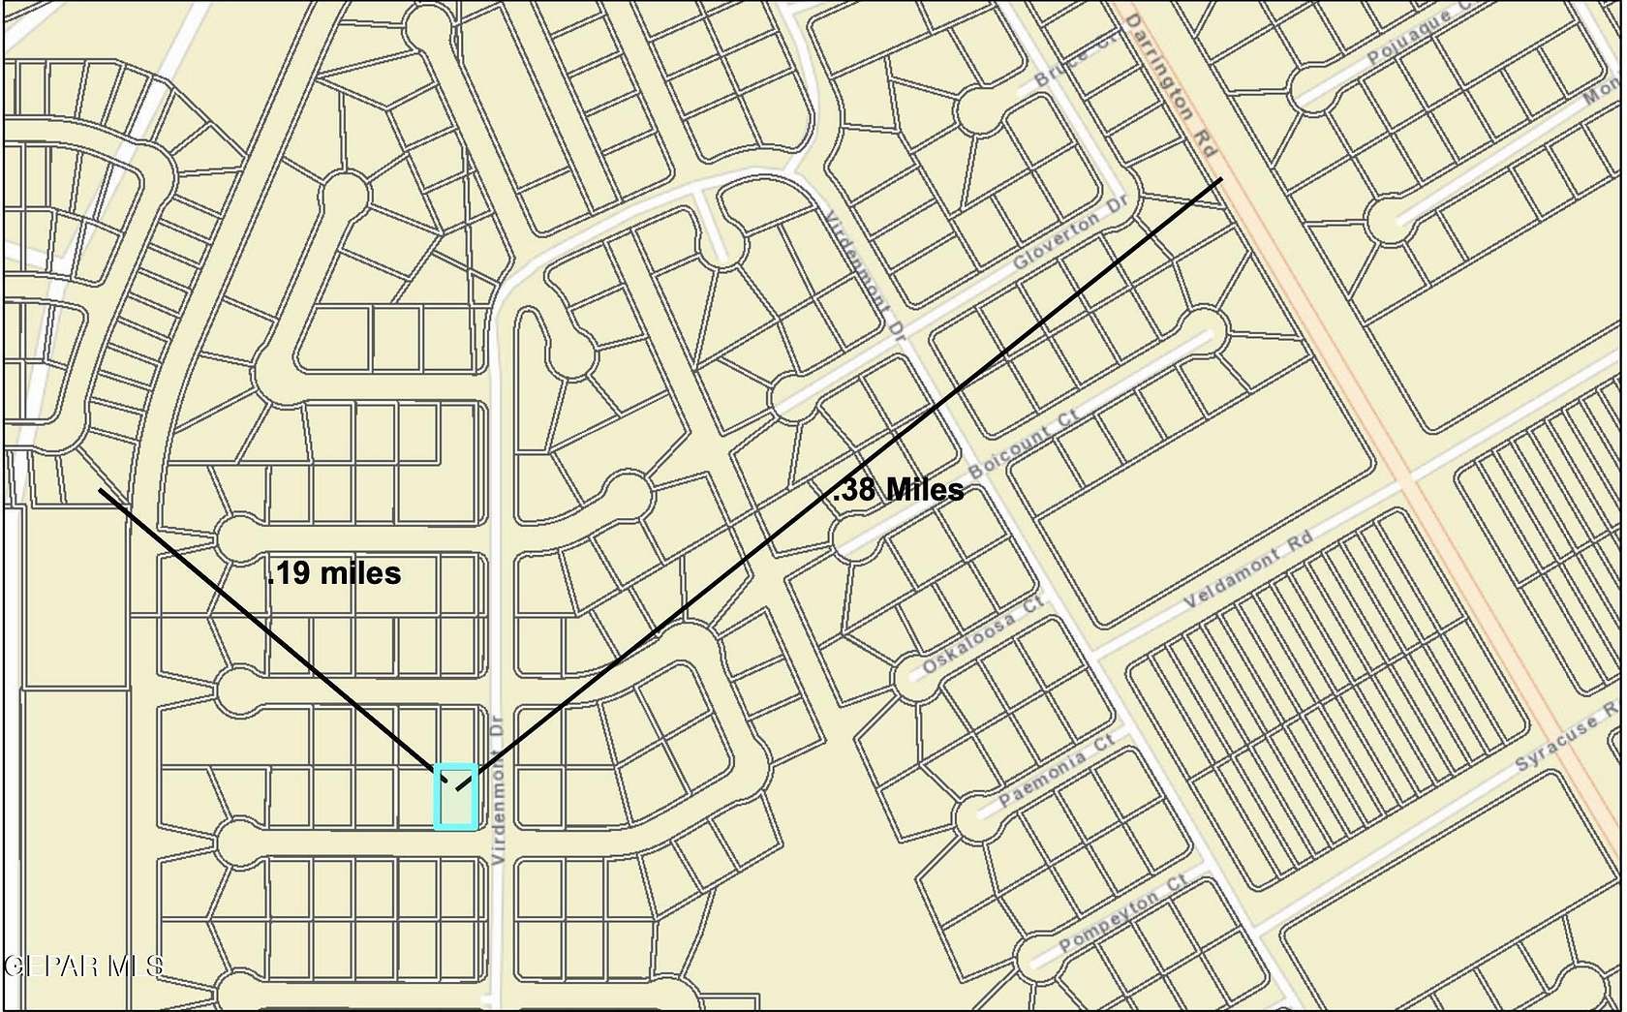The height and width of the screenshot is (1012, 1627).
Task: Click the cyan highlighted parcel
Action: coord(455,797)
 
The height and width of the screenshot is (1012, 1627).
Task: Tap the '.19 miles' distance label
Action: coord(334,573)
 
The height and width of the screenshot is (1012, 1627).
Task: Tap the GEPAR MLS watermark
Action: coord(83,965)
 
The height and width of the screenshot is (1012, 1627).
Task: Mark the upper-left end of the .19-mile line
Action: coord(101,491)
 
